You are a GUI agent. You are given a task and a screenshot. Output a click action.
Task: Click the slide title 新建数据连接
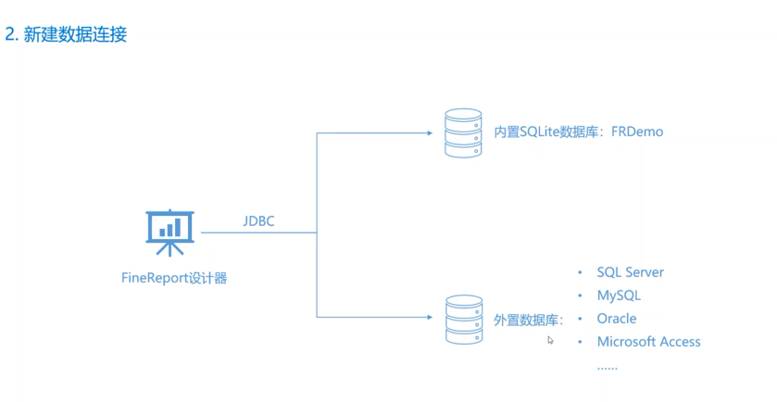[x=81, y=35]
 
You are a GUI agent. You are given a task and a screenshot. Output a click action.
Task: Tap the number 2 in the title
[x=10, y=35]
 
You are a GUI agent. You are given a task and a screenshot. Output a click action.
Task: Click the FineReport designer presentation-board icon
[x=169, y=232]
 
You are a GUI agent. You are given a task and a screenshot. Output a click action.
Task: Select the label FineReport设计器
[x=174, y=278]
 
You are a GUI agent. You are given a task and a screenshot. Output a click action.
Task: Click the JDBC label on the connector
[x=258, y=221]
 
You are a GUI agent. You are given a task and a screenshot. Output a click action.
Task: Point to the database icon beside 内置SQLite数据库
[x=463, y=132]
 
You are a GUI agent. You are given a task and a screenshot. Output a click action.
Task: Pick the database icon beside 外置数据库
[x=463, y=319]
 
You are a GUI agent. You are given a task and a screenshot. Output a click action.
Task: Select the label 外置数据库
[x=527, y=320]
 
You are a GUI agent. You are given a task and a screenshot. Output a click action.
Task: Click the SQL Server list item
[x=630, y=272]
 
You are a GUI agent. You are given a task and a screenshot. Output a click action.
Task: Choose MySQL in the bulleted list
[x=619, y=295]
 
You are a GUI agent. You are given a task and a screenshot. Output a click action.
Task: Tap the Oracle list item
[x=617, y=319]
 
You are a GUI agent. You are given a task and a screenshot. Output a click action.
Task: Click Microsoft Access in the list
[x=648, y=342]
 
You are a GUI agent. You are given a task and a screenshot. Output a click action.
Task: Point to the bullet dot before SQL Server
[x=581, y=273]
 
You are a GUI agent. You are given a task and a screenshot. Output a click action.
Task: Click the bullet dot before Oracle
[x=581, y=320]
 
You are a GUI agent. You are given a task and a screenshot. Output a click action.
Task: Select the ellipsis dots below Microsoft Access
[x=607, y=366]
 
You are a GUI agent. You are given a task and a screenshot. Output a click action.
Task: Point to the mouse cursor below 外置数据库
[x=550, y=340]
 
